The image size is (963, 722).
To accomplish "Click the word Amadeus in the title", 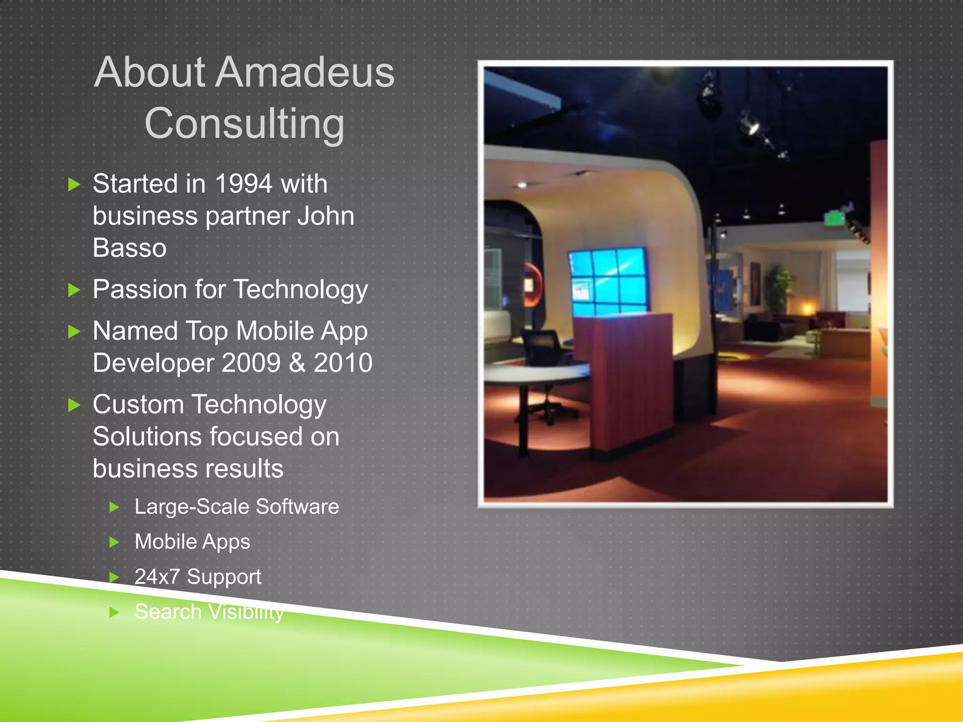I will tap(305, 73).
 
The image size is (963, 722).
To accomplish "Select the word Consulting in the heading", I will tap(245, 124).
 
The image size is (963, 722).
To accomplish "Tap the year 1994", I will tap(244, 184).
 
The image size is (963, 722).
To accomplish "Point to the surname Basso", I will tap(129, 248).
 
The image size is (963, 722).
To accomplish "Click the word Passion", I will tap(140, 289).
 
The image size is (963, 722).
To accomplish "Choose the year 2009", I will tap(251, 363).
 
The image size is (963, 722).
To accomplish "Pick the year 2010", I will tap(343, 363).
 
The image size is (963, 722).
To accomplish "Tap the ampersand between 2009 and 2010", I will tap(297, 363).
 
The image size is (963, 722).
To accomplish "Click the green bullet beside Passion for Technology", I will tap(74, 290).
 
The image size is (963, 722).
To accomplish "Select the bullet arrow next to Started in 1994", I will tap(74, 184).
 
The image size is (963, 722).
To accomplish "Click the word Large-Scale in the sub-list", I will tap(191, 507).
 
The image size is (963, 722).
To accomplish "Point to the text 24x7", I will tap(157, 577).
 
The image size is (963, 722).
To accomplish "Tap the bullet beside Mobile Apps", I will tap(114, 542).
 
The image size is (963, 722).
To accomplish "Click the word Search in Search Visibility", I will tap(168, 612).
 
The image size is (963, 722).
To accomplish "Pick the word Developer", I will tap(153, 363).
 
